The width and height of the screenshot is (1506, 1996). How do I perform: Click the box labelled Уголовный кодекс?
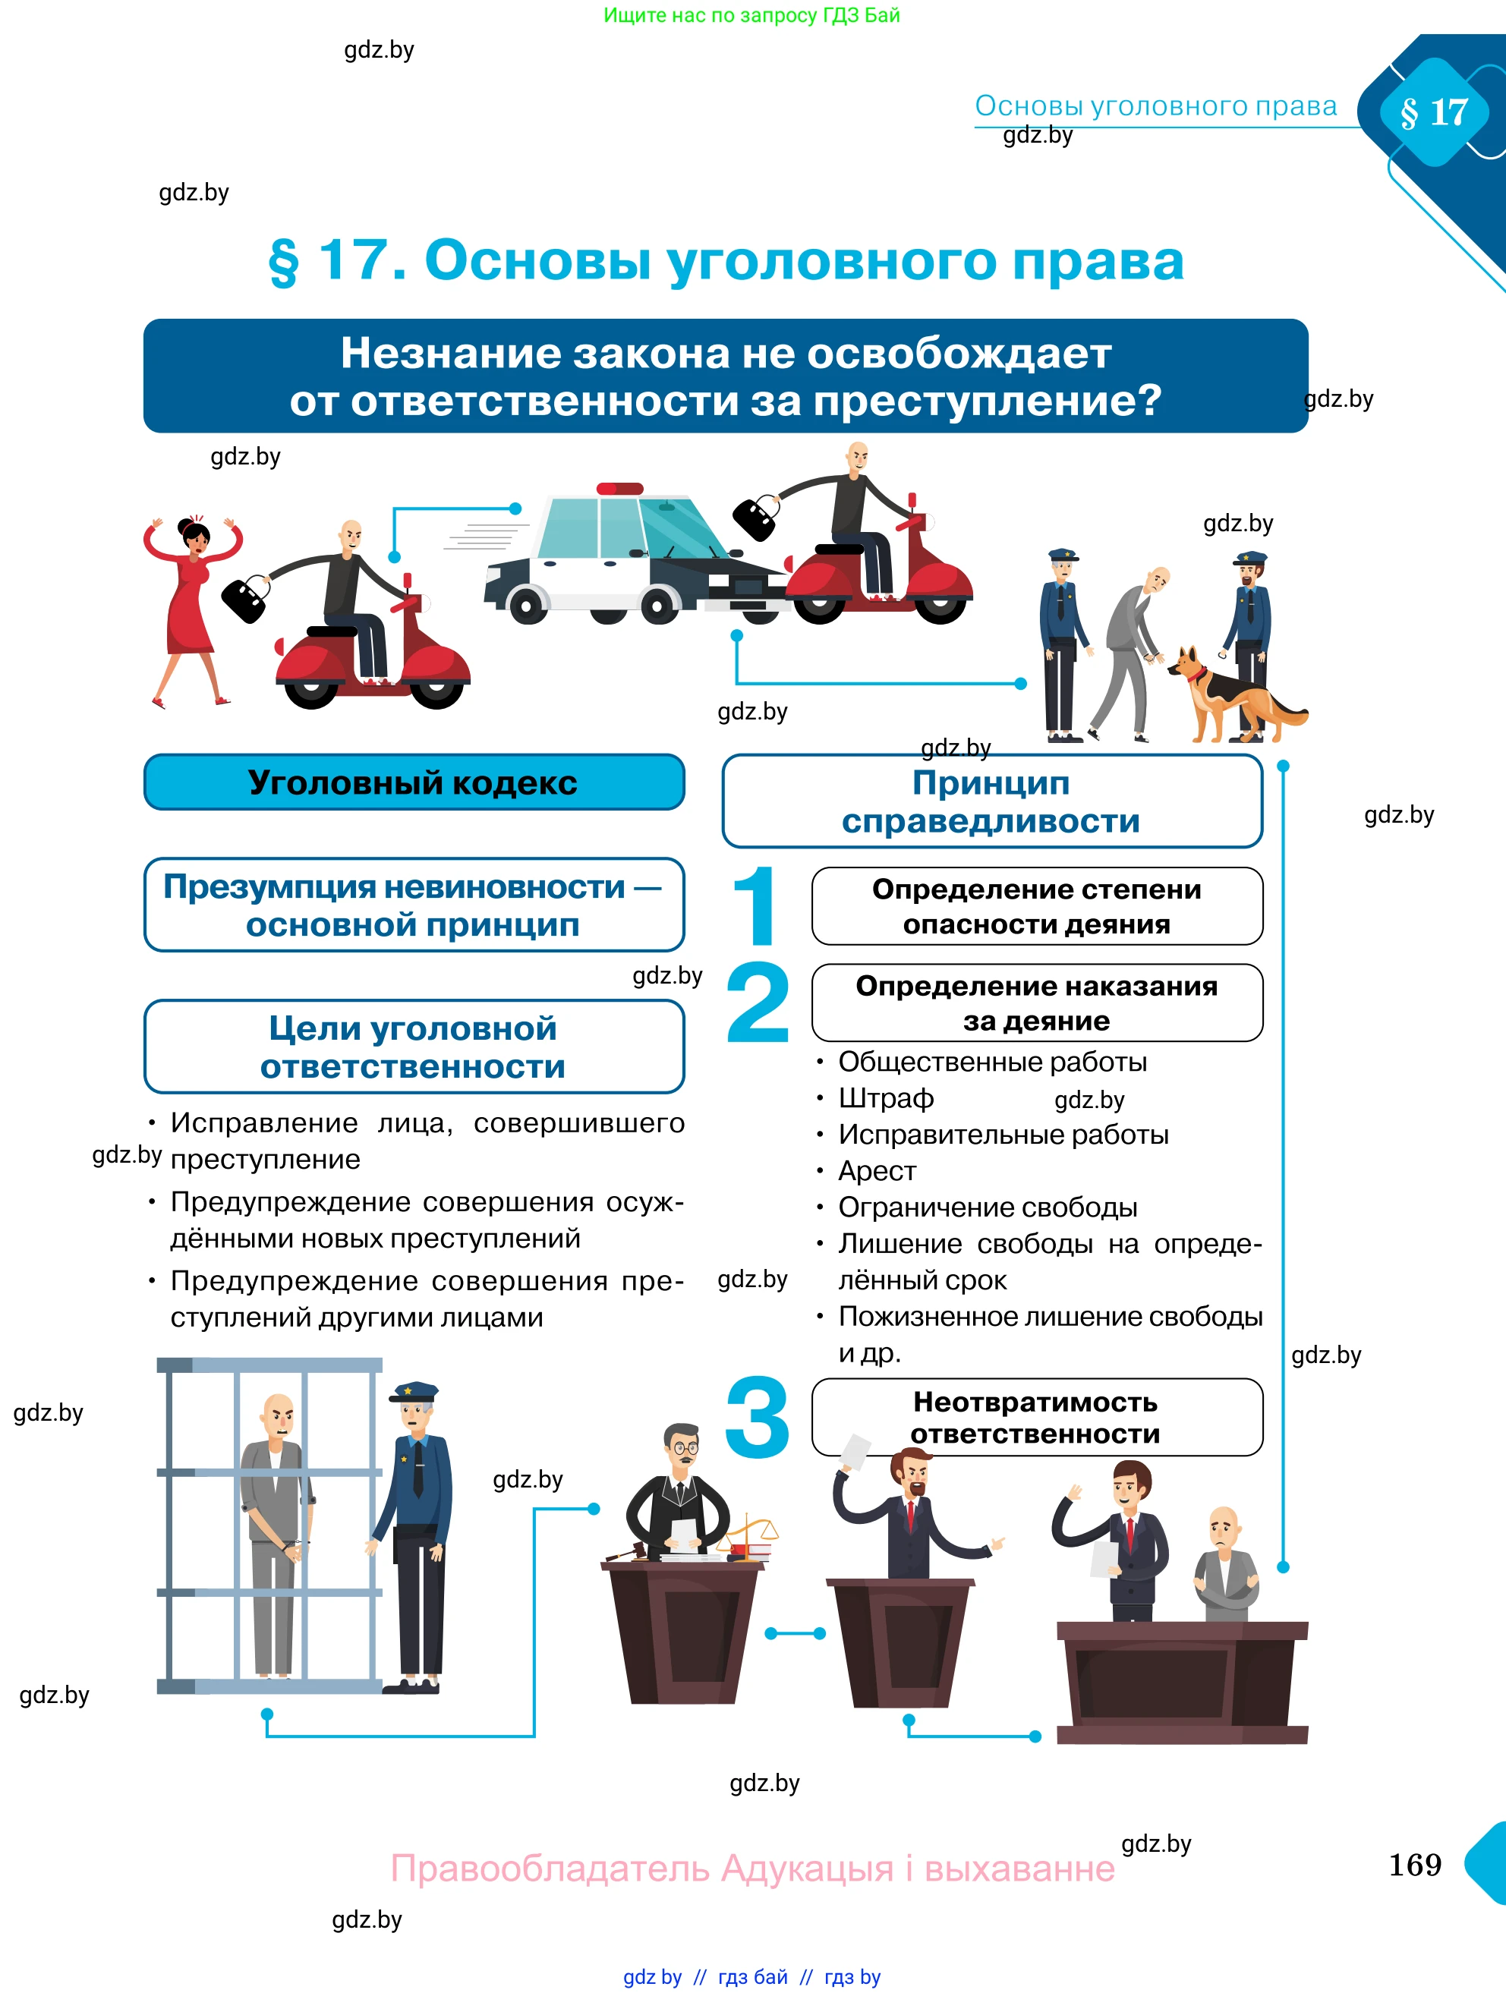coord(413,782)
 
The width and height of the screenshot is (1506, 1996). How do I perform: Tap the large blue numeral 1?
coord(756,907)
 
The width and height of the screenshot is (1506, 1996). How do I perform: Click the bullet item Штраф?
coord(885,1098)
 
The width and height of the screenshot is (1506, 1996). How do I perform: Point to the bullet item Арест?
coord(876,1171)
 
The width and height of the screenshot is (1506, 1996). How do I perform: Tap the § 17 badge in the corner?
coord(1434,113)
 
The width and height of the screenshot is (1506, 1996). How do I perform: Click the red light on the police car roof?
coord(620,488)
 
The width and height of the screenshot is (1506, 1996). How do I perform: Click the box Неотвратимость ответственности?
coord(1036,1418)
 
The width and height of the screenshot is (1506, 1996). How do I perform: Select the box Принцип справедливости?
coord(991,801)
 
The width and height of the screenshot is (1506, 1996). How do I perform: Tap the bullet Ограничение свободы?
coord(987,1207)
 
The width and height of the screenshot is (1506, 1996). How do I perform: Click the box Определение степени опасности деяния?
coord(1036,907)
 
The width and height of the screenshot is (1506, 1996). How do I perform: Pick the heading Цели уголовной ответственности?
coord(413,1047)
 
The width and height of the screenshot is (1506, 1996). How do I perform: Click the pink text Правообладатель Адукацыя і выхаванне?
coord(751,1867)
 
